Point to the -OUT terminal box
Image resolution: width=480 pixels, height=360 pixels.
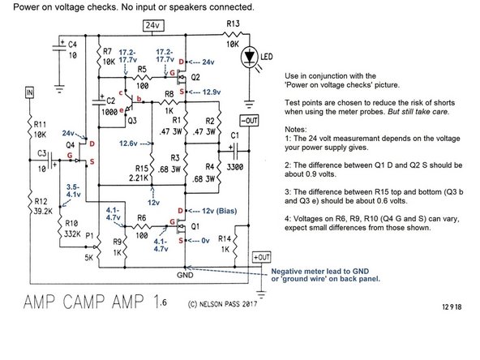pos(251,122)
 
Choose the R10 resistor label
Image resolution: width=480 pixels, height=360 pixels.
pos(49,222)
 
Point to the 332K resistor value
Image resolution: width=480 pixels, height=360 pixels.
pos(49,234)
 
